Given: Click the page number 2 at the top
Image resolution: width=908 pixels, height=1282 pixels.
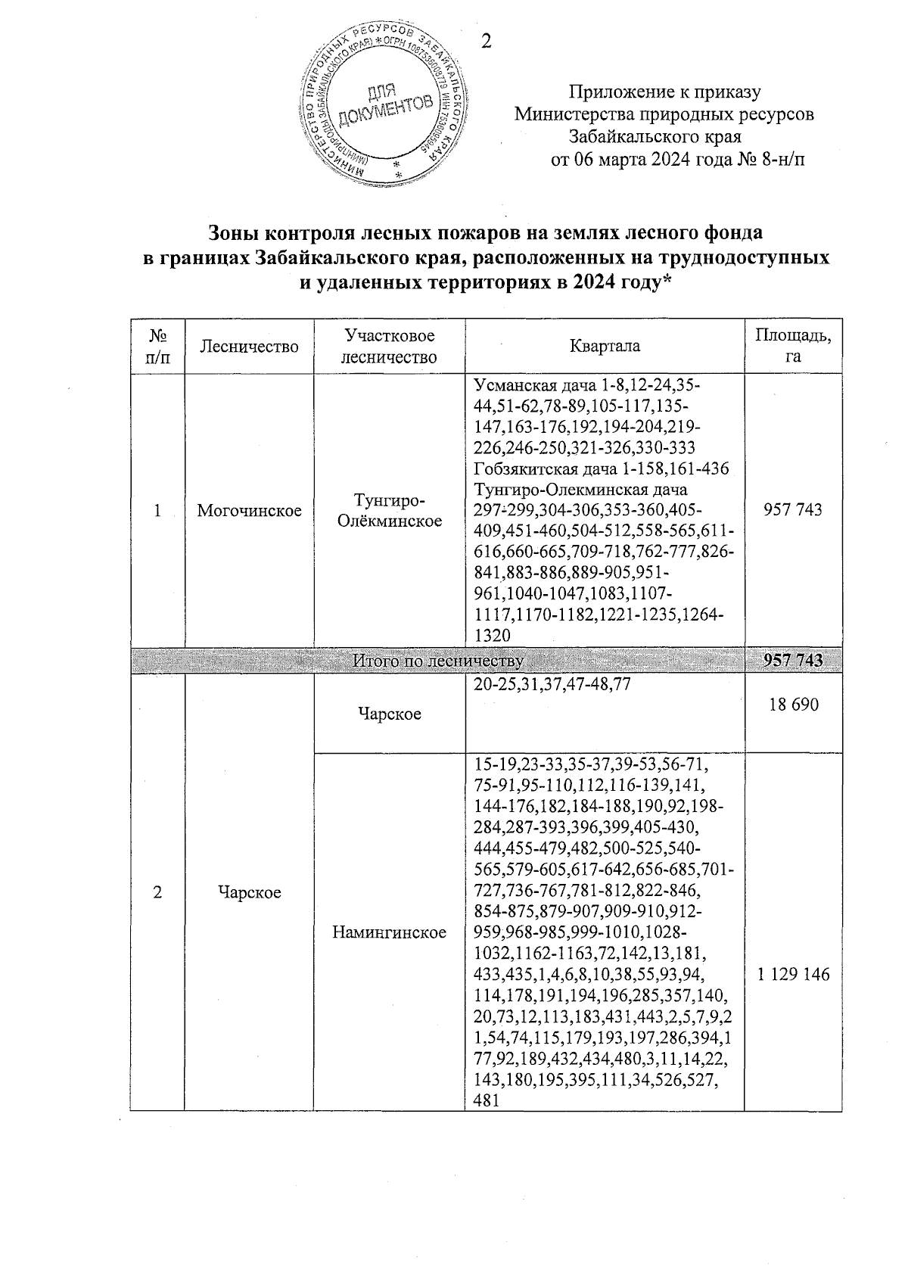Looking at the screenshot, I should (x=487, y=42).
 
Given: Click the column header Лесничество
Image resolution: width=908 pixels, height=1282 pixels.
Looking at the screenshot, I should (x=250, y=347).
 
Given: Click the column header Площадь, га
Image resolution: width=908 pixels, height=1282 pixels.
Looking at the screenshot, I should (x=792, y=346).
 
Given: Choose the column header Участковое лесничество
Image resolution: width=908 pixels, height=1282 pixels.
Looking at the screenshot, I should (x=389, y=346).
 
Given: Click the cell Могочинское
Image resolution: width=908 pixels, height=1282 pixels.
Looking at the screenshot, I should (x=250, y=511).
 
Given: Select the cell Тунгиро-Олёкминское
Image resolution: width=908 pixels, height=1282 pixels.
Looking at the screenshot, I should (x=389, y=511).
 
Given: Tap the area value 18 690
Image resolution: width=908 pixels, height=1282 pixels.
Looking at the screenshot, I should (x=792, y=705).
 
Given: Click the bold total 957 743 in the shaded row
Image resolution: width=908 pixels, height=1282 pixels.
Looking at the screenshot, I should (x=792, y=661).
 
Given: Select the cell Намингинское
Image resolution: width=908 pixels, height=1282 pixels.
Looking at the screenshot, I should (x=389, y=932).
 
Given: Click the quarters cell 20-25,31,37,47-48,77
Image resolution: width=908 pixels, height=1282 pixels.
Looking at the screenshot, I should (x=551, y=684).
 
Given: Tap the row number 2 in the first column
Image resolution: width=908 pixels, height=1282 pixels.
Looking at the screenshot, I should (x=157, y=892).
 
